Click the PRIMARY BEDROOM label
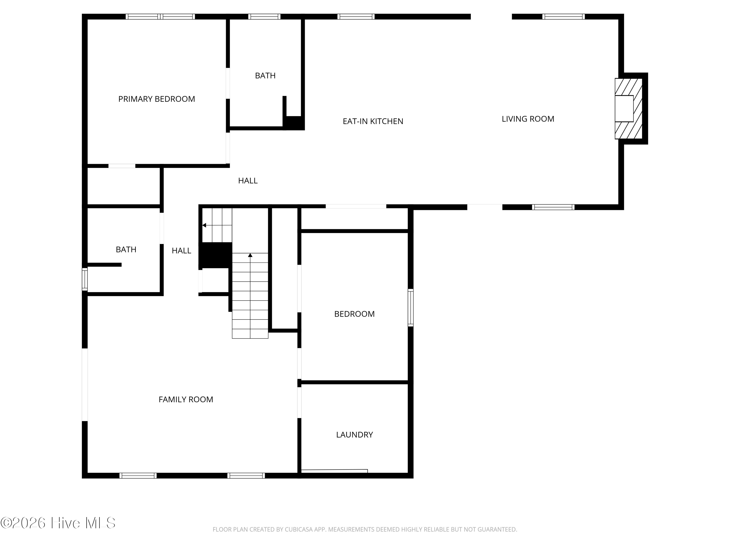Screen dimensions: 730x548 coord(156,99)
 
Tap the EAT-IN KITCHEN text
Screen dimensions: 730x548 coord(373,122)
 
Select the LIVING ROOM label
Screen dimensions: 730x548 coord(528,119)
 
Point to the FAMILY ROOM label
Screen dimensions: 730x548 coord(186,400)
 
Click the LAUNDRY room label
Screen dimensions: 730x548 coord(355,435)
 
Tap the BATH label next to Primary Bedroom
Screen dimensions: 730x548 coord(265,76)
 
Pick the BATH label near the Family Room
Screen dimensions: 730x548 coord(126,249)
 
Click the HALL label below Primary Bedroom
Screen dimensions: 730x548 coord(248,181)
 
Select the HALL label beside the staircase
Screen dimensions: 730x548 coord(182,251)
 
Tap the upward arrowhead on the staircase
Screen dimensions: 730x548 coord(250,255)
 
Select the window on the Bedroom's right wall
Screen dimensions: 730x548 coord(411,308)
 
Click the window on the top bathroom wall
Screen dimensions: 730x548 coord(264,17)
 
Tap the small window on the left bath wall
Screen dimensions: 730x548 coord(85,279)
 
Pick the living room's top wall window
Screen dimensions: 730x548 coord(563,17)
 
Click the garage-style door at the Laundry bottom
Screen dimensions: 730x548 coord(334,471)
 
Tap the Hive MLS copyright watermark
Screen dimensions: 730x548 coord(58,523)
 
